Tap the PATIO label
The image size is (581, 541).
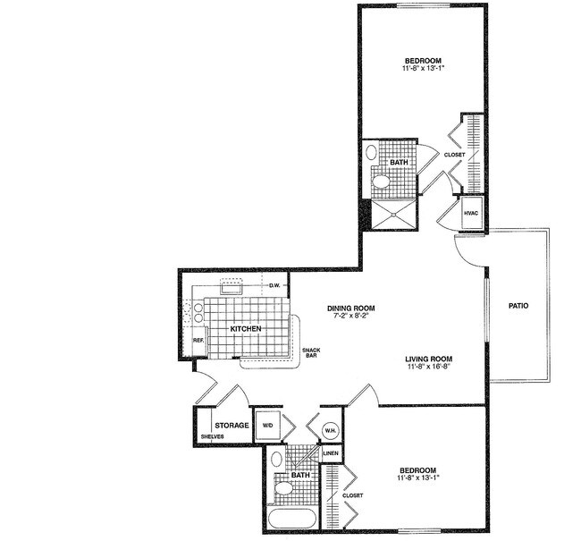tap(518, 306)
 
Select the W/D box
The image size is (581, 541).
tap(267, 426)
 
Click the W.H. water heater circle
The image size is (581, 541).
tap(330, 429)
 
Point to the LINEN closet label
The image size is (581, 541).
tap(330, 453)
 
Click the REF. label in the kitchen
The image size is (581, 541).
tap(198, 341)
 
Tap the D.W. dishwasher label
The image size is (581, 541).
tap(275, 285)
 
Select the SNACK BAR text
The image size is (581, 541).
tap(311, 352)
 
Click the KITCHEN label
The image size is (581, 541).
tap(246, 329)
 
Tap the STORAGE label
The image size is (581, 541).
tap(231, 425)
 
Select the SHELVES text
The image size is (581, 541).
tap(212, 436)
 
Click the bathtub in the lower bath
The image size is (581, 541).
tap(290, 521)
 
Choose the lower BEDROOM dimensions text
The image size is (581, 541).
tap(417, 479)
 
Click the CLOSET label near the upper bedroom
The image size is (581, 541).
tap(454, 155)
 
